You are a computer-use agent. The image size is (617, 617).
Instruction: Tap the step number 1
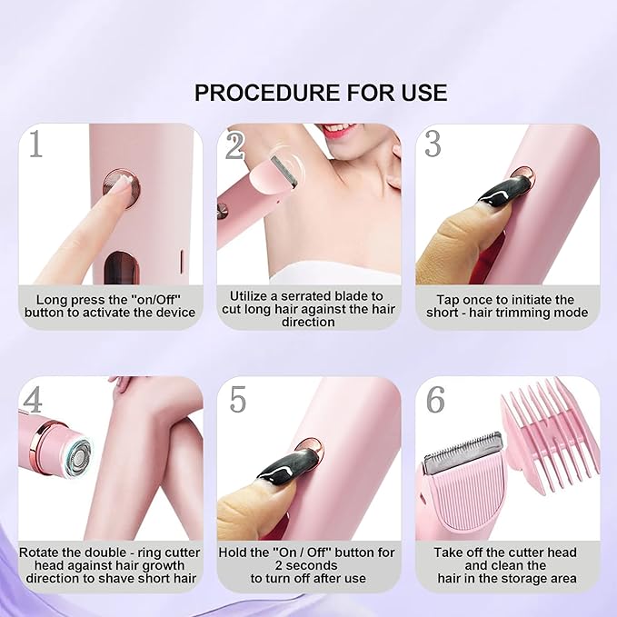tap(35, 145)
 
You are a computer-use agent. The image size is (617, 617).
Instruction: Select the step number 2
tap(235, 145)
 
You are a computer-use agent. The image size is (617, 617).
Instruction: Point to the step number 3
tap(433, 144)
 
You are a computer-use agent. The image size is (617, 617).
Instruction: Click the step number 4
tap(34, 401)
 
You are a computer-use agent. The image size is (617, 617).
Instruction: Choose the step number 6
tap(434, 401)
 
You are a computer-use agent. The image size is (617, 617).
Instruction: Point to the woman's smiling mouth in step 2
tap(338, 130)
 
